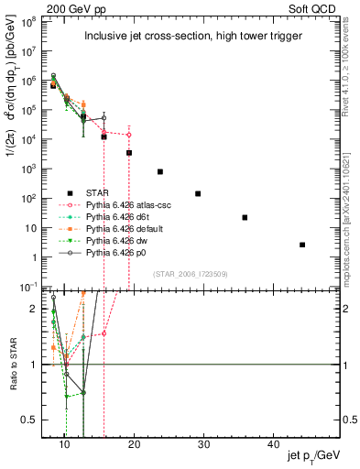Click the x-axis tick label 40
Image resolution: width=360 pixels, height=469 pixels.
274,444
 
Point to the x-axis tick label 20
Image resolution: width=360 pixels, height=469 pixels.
135,444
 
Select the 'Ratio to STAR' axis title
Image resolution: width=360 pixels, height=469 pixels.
13,365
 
